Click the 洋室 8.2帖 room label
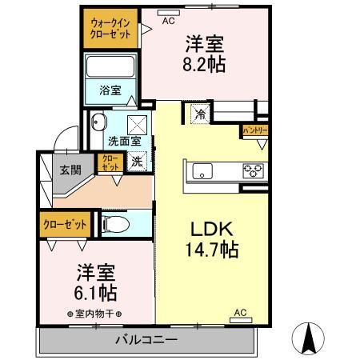[x=204, y=54]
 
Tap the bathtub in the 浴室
[x=111, y=67]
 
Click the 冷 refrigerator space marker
[x=199, y=115]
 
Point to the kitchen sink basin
[x=202, y=170]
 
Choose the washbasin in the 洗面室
[x=99, y=122]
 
